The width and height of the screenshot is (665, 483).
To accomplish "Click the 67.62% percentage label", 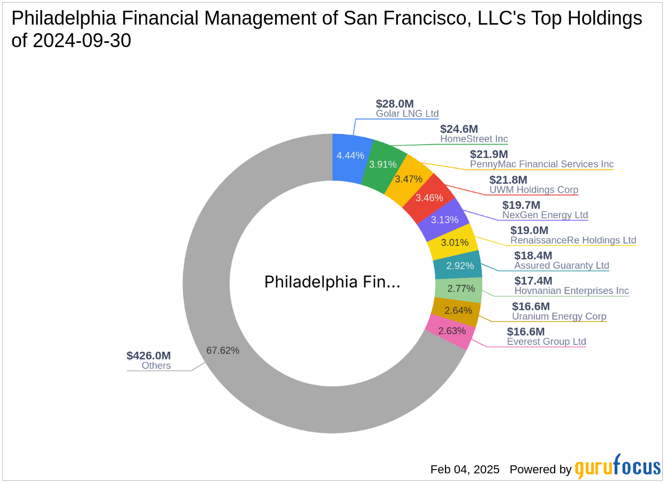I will point(223,350).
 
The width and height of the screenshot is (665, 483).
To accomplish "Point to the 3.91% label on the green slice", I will point(382,164).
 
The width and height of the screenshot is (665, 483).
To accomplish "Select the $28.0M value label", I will point(395,104).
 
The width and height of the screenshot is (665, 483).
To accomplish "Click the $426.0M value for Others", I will point(148,356).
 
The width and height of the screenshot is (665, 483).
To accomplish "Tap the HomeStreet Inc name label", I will point(474,139).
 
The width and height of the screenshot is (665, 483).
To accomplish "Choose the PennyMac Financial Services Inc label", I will point(541,164).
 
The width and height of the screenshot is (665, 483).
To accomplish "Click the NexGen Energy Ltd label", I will point(545,215).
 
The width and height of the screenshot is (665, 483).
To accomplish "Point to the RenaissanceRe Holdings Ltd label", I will point(573,240).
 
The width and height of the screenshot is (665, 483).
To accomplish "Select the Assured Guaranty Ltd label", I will point(561,265).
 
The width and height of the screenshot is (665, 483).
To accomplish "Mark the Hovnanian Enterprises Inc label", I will point(571,291).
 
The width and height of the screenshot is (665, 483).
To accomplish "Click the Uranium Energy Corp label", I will point(559,316).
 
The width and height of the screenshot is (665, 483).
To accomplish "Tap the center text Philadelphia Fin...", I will point(332,282).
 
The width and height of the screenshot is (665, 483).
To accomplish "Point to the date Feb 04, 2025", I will point(465,470).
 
